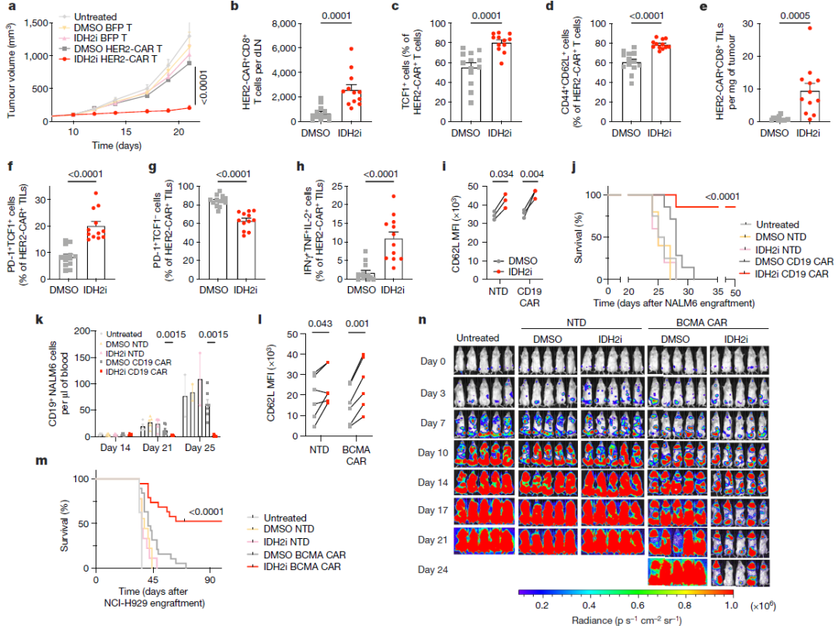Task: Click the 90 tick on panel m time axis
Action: pyautogui.click(x=211, y=580)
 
